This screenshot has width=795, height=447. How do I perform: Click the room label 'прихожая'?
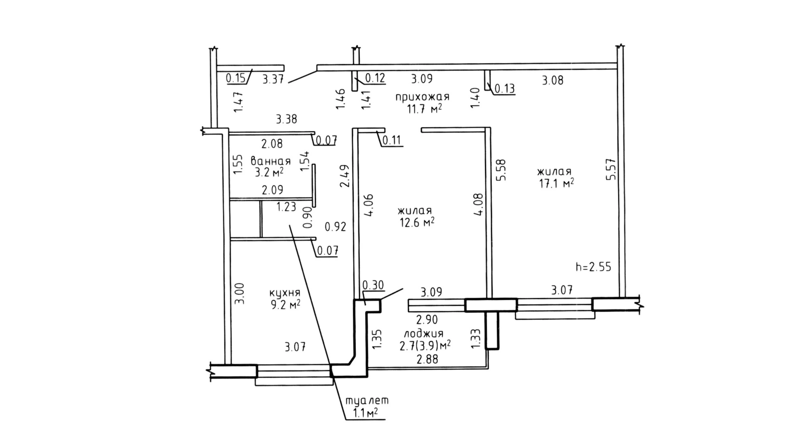click(x=422, y=97)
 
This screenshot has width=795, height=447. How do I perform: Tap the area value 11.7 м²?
click(x=425, y=109)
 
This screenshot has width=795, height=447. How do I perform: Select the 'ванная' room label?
click(x=270, y=161)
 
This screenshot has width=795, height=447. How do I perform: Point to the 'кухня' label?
click(x=285, y=293)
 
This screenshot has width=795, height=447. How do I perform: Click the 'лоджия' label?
click(x=424, y=334)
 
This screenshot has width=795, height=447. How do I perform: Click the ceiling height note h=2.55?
click(x=593, y=267)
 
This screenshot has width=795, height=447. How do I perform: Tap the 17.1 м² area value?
click(x=556, y=183)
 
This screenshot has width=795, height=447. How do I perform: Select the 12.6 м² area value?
click(x=417, y=222)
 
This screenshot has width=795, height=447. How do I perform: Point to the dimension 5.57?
click(x=611, y=169)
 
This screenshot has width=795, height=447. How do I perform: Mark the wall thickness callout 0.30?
click(x=373, y=285)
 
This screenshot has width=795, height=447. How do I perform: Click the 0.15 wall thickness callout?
click(x=236, y=78)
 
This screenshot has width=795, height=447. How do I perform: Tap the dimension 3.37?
click(x=273, y=78)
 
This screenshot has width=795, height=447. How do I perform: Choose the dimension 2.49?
click(x=345, y=176)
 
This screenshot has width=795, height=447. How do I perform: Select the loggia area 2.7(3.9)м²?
click(x=425, y=346)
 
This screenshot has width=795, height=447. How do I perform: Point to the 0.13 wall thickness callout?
click(x=505, y=89)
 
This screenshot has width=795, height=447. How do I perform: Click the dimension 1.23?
click(x=286, y=207)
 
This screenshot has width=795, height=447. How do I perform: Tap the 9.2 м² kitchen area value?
click(x=285, y=304)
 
